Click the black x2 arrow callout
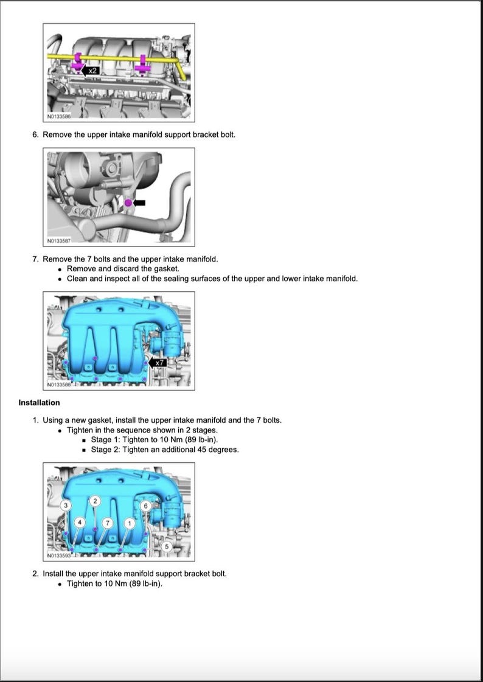[x=91, y=71]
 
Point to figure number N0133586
[x=59, y=116]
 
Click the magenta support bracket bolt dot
[x=128, y=202]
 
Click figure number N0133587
[x=59, y=240]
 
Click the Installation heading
[x=39, y=403]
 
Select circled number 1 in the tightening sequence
[x=128, y=523]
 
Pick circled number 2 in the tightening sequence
[x=94, y=501]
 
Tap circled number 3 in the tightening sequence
[x=66, y=506]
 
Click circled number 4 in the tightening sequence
[x=79, y=523]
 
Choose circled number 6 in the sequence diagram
[x=145, y=506]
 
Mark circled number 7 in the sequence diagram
[x=107, y=523]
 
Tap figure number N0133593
[x=59, y=555]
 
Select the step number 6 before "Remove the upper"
[x=35, y=134]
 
